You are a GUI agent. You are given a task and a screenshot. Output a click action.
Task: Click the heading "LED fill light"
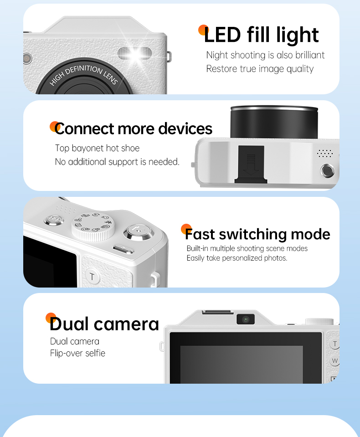pos(262,35)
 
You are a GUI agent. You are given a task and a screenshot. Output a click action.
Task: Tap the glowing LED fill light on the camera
pos(135,53)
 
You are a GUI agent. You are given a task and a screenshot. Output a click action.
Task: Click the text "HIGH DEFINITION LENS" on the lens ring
pos(84,74)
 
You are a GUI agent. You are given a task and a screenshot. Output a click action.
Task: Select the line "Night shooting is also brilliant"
pos(265,55)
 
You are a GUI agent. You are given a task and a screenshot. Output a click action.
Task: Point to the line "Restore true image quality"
pos(260,69)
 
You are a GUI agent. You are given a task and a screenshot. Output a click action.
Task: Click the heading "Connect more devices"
pos(134,129)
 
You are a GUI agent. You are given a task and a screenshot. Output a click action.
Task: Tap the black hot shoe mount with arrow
pos(251,164)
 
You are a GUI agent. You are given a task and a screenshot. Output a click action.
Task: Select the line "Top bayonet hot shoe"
pos(97,148)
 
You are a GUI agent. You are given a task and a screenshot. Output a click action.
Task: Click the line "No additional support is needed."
pos(117,162)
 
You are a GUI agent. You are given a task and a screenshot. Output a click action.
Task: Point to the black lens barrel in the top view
pos(274,122)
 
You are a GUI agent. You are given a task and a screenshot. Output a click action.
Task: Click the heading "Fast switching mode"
pos(258,234)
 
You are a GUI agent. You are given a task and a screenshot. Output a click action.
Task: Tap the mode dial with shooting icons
pos(93,227)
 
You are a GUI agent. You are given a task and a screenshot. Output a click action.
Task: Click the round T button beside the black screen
pos(92,277)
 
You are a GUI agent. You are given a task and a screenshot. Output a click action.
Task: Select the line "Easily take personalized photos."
pos(237,258)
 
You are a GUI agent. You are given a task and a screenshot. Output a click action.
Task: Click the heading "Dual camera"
pos(104,324)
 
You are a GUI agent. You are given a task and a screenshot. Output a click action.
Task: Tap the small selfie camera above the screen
pos(246,319)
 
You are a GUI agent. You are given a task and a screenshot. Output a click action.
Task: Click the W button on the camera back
pos(334,360)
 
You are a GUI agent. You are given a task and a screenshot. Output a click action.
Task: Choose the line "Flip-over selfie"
pos(78,354)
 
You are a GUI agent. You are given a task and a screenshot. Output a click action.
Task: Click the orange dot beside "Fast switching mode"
pos(186,229)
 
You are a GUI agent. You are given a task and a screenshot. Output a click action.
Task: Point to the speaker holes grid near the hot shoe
pos(325,153)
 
